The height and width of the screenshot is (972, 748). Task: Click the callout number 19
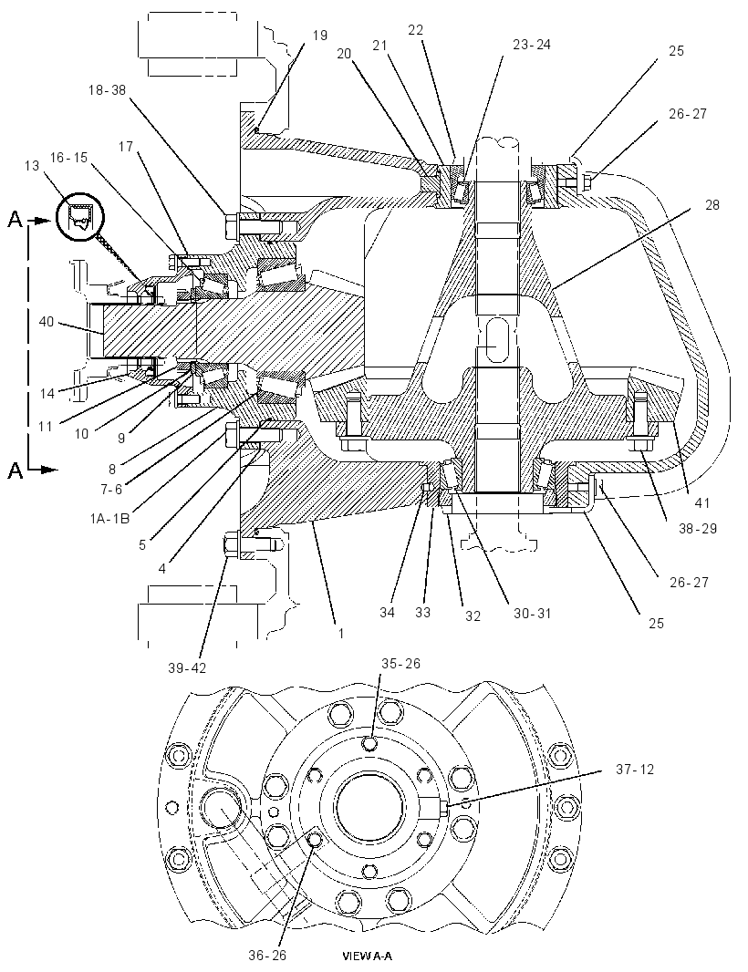pyautogui.click(x=319, y=36)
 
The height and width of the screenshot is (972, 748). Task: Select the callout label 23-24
pyautogui.click(x=532, y=45)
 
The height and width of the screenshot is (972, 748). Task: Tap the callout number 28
pyautogui.click(x=712, y=204)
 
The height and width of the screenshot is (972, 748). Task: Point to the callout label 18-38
pyautogui.click(x=107, y=90)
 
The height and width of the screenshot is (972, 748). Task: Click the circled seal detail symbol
pyautogui.click(x=80, y=218)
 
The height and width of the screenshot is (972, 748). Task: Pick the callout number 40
pyautogui.click(x=47, y=322)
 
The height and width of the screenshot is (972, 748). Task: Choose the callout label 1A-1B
pyautogui.click(x=109, y=518)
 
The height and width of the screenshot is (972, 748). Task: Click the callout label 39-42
pyautogui.click(x=187, y=667)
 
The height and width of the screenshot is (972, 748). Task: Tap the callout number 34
pyautogui.click(x=387, y=613)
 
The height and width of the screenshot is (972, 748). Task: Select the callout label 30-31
pyautogui.click(x=532, y=614)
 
